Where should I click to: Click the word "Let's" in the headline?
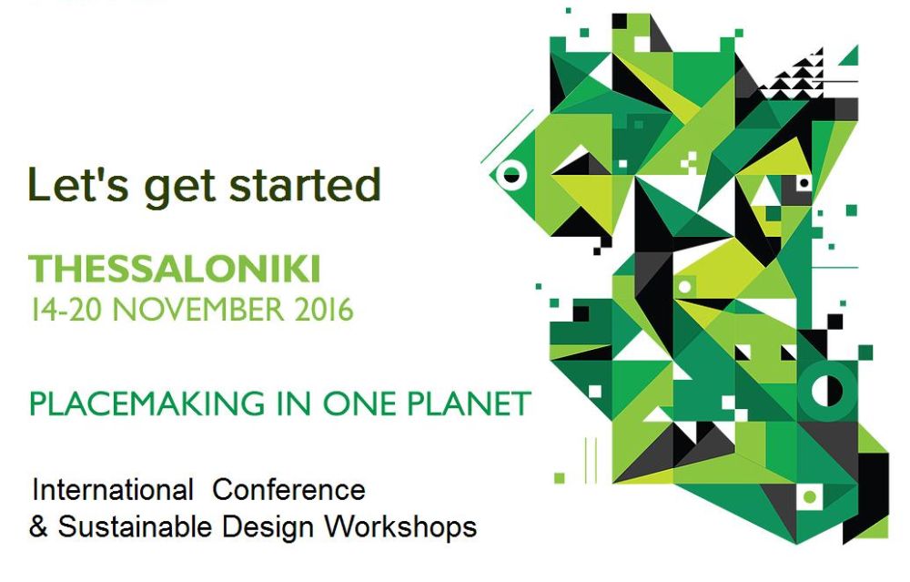pyautogui.click(x=77, y=184)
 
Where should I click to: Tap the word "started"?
pyautogui.click(x=305, y=184)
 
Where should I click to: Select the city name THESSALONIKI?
pyautogui.click(x=175, y=269)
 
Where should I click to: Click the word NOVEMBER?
pyautogui.click(x=198, y=309)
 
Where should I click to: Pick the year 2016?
pyautogui.click(x=324, y=309)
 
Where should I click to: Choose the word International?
pyautogui.click(x=113, y=490)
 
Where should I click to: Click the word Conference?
pyautogui.click(x=289, y=490)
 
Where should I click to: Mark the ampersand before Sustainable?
pyautogui.click(x=38, y=526)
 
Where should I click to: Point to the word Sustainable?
pyautogui.click(x=136, y=526)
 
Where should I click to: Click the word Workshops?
pyautogui.click(x=400, y=527)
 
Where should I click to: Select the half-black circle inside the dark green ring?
pyautogui.click(x=826, y=391)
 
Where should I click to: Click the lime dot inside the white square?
pyautogui.click(x=809, y=496)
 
